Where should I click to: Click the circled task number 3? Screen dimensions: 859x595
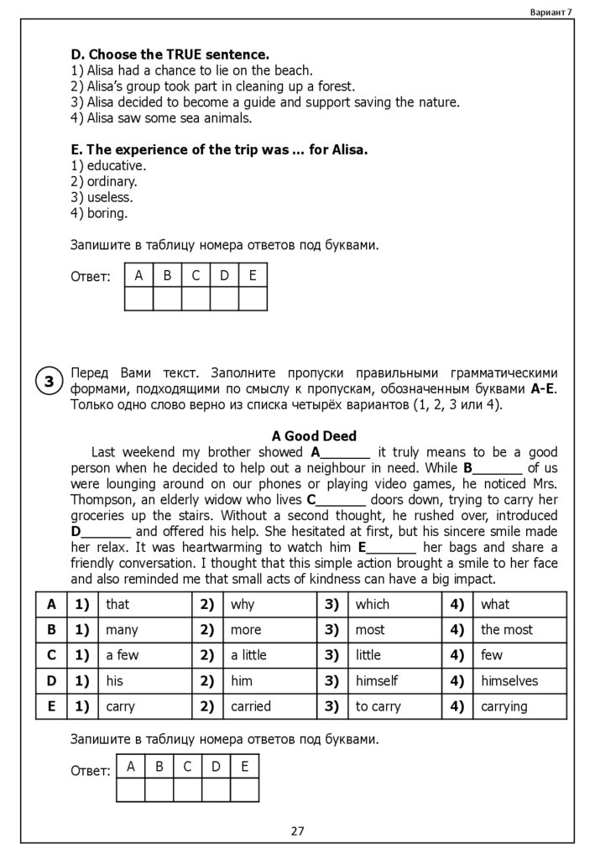[x=50, y=383]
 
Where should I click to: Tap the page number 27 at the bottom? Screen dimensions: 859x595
[x=298, y=831]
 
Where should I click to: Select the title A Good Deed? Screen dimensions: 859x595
[x=315, y=436]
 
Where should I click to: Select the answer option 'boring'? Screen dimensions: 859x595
[x=107, y=213]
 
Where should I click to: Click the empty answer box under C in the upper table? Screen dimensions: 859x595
[x=196, y=299]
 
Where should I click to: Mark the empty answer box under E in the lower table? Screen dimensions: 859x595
[x=244, y=790]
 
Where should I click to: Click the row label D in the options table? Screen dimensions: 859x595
[x=51, y=681]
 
